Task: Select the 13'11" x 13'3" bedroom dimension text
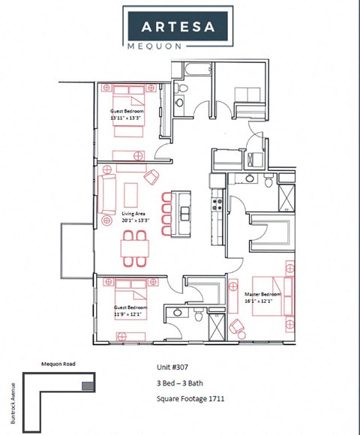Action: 127,118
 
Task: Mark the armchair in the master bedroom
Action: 238,327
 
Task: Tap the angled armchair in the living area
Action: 152,178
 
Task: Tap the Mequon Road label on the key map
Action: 55,364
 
